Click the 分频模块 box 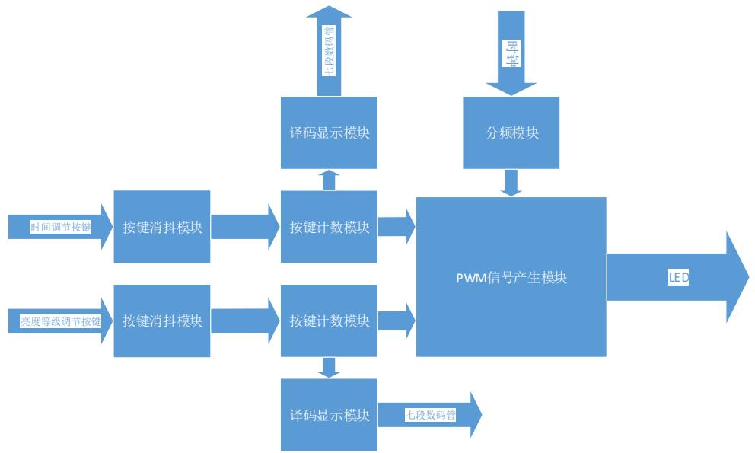(511, 132)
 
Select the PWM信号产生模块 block (511, 277)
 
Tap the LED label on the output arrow (678, 278)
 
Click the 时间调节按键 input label (61, 227)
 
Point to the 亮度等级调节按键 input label (61, 321)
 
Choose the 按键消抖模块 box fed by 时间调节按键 (162, 227)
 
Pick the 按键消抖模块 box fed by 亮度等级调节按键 (162, 321)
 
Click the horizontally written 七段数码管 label (431, 416)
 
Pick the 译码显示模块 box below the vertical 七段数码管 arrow (329, 132)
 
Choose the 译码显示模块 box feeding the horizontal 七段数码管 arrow (329, 416)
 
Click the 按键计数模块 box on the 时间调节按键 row (329, 227)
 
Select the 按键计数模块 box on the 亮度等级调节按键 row (329, 321)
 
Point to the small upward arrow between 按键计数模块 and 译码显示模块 (329, 180)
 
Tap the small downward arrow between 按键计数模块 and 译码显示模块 (329, 368)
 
